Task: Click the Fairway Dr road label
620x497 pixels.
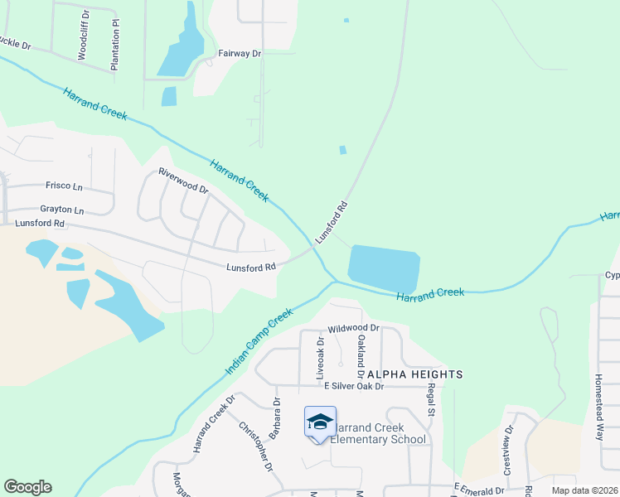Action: pyautogui.click(x=239, y=53)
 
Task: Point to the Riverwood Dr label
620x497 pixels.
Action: pyautogui.click(x=183, y=180)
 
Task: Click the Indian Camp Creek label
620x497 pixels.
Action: pyautogui.click(x=259, y=341)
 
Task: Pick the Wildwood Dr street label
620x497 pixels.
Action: pyautogui.click(x=353, y=328)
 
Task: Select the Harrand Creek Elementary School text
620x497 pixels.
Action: pyautogui.click(x=378, y=433)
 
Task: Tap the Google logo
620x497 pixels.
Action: pyautogui.click(x=27, y=487)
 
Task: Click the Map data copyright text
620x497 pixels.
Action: pyautogui.click(x=584, y=490)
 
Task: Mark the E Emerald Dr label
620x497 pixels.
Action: pyautogui.click(x=479, y=490)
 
